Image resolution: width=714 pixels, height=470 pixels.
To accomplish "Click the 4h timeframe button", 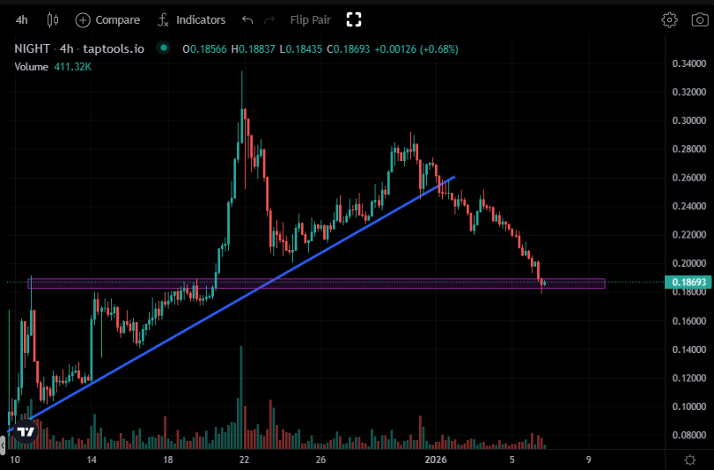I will pos(22,19).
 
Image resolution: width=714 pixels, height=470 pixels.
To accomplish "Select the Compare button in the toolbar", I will pos(107,19).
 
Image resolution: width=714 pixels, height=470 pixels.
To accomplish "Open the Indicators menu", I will pos(190,19).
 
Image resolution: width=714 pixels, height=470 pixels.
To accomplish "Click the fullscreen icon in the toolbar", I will pos(354,19).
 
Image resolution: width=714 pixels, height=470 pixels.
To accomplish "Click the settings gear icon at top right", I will pos(670,19).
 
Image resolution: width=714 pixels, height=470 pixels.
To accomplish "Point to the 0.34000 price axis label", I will pos(688,63).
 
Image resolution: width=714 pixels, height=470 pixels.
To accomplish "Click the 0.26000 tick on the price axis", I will pos(688,178).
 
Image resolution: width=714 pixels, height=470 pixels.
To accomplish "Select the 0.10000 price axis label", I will pos(688,407).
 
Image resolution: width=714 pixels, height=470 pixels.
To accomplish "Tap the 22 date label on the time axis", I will pos(245,459).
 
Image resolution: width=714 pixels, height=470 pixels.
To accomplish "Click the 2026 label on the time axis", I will pos(436,459).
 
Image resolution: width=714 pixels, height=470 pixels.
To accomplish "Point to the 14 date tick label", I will pos(92,459).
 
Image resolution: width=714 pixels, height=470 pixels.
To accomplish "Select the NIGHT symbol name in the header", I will pos(31,48).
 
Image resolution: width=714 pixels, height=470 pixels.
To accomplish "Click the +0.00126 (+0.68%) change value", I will pos(416,48).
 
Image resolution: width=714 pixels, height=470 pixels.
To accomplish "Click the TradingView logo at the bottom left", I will pos(26,432).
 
